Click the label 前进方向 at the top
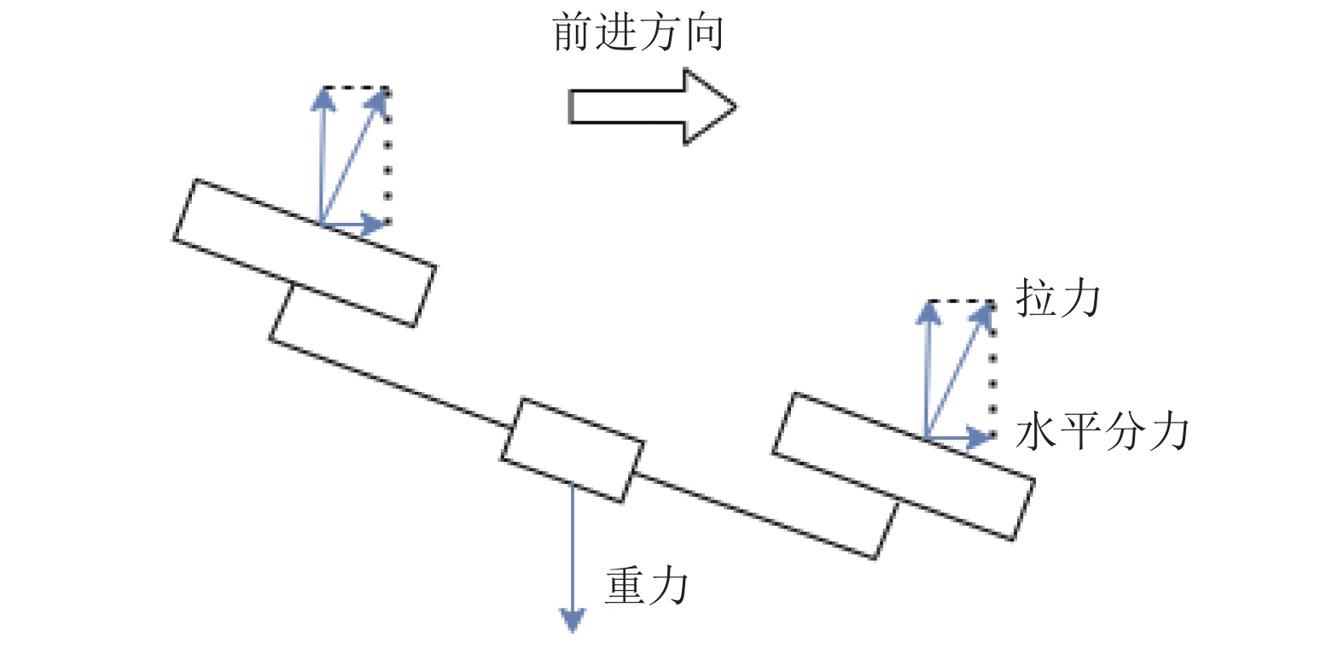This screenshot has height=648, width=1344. pos(638,33)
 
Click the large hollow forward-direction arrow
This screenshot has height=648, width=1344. pos(652,107)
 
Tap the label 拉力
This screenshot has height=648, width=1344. pos(1058,297)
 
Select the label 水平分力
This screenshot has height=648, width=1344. pos(1103,432)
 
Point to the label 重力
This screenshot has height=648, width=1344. pos(647,586)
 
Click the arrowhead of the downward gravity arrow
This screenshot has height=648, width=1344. pos(573,629)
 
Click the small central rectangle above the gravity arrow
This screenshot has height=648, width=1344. pos(573,450)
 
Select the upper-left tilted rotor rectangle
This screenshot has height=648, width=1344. pos(305,253)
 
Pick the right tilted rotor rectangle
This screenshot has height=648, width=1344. pos(904,467)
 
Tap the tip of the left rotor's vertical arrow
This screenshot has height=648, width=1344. pos(323,90)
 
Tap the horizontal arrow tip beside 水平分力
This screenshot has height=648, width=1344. pos(992,437)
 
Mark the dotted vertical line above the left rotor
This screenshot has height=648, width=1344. pos(387,157)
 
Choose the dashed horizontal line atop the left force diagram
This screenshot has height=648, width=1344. pos(355,88)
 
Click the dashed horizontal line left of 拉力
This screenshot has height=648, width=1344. pos(960,301)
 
